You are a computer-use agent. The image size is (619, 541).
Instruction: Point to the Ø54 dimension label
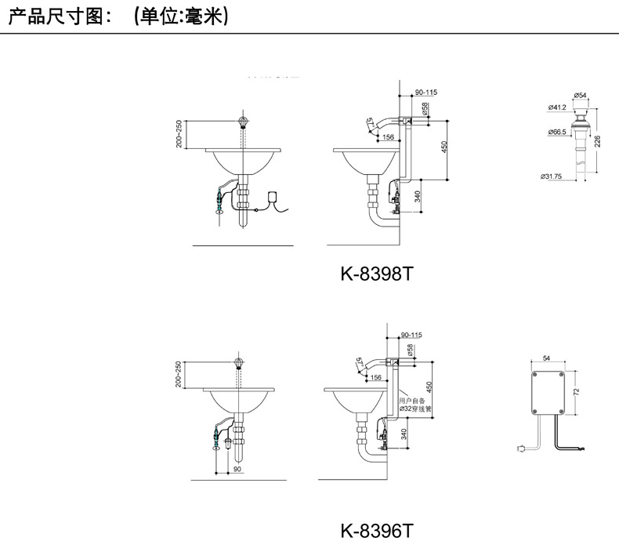tap(580, 96)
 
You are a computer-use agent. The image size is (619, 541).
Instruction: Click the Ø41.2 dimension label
tap(557, 107)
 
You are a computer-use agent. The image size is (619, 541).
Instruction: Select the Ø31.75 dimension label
tap(553, 176)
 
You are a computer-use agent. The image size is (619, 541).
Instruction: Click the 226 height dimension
tap(598, 142)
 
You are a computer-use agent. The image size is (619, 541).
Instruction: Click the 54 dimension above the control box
tap(546, 358)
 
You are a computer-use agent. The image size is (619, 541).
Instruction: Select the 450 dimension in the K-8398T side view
tap(443, 147)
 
